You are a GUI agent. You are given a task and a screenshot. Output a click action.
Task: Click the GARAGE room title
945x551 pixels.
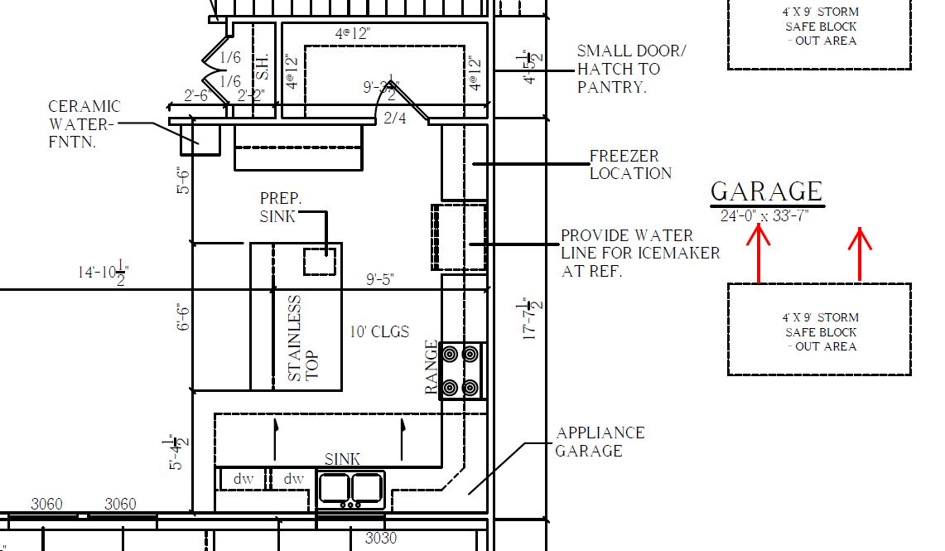pyautogui.click(x=766, y=191)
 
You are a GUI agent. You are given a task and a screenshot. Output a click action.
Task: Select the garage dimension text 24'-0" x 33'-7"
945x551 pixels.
pyautogui.click(x=764, y=215)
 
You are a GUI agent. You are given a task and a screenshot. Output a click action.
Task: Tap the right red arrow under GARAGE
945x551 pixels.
pyautogui.click(x=861, y=253)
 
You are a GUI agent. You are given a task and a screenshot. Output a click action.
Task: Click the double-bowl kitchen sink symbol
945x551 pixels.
pyautogui.click(x=351, y=488)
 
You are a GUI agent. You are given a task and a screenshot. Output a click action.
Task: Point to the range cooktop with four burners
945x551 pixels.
pyautogui.click(x=461, y=371)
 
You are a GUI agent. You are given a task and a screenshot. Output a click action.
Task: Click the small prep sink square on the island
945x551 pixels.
pyautogui.click(x=320, y=261)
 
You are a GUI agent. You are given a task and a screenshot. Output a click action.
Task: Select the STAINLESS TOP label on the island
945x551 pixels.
pyautogui.click(x=303, y=338)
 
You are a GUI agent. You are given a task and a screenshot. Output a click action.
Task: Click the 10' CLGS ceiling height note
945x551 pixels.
pyautogui.click(x=379, y=331)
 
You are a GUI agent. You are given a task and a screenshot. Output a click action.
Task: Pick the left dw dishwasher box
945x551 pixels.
pyautogui.click(x=242, y=479)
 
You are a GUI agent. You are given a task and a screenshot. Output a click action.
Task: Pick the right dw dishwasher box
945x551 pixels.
pyautogui.click(x=293, y=479)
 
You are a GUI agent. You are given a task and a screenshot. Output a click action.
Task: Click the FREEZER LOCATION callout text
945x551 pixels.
pyautogui.click(x=630, y=165)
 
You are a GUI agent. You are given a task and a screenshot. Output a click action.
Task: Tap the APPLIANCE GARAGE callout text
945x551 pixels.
pyautogui.click(x=600, y=442)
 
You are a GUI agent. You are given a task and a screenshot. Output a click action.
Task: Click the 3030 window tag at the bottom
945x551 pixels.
pyautogui.click(x=381, y=539)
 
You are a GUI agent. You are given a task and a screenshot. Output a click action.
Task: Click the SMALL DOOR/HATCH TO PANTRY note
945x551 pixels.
pyautogui.click(x=631, y=69)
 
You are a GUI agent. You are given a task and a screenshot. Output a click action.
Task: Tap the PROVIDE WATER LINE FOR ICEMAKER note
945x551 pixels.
pyautogui.click(x=640, y=253)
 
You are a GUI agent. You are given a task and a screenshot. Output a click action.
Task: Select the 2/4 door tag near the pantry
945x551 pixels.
pyautogui.click(x=396, y=118)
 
